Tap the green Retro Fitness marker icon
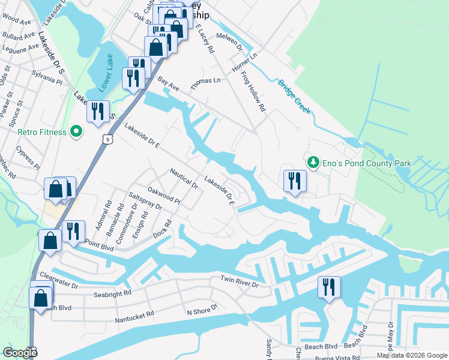pos(76,131)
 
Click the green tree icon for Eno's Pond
pos(313,162)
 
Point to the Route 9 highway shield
pos(106,139)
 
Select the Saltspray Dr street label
pos(145,202)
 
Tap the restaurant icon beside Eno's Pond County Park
pos(295,181)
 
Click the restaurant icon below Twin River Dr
pos(329,287)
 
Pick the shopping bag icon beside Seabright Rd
pos(41,298)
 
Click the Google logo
pos(20,353)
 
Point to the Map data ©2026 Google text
pos(411,355)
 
